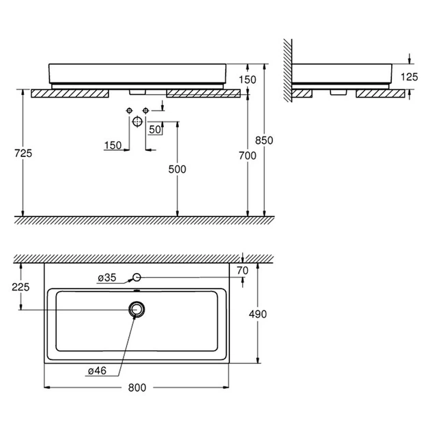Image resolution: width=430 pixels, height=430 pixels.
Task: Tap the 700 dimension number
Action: (x=248, y=156)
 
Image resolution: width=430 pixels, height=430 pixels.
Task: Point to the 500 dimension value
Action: (x=177, y=169)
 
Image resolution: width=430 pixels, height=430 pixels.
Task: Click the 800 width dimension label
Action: (x=137, y=388)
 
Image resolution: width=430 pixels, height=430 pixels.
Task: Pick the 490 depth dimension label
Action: (x=257, y=314)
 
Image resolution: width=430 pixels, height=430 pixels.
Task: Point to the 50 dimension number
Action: (x=154, y=128)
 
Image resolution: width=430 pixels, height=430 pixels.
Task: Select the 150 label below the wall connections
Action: (x=113, y=145)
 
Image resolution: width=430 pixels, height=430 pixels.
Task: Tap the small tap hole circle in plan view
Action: (x=137, y=277)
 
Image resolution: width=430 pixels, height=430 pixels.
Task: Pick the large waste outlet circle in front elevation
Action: (x=137, y=121)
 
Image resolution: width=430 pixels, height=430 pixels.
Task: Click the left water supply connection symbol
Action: (x=129, y=110)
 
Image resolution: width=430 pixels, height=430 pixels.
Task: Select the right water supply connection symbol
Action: (x=145, y=110)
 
